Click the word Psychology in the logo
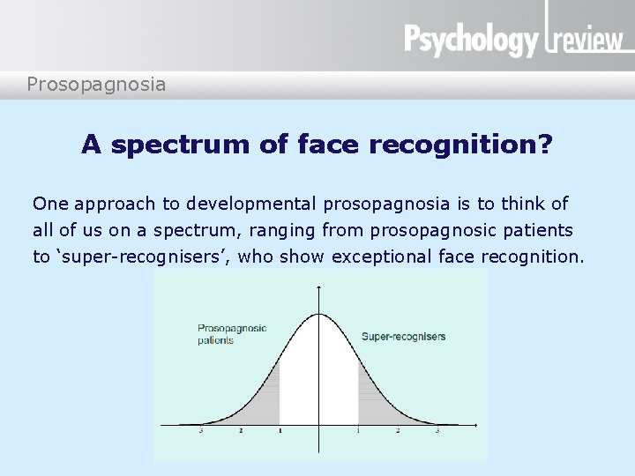click(470, 40)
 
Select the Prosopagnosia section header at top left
click(96, 85)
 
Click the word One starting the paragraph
click(50, 205)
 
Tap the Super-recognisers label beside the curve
click(404, 336)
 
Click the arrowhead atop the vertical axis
click(318, 288)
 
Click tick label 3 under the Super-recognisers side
click(437, 431)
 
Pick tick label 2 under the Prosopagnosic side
click(240, 431)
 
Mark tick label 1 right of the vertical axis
click(358, 431)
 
